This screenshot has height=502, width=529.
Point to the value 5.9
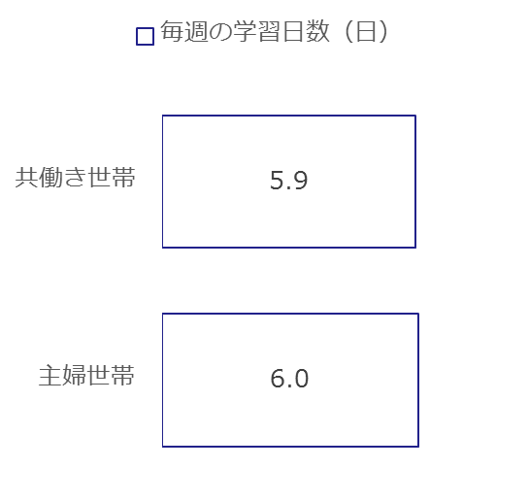289,181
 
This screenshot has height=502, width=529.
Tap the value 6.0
289,379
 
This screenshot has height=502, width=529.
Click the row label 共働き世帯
76,178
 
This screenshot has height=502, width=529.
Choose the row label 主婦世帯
86,375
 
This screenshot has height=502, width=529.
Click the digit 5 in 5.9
277,181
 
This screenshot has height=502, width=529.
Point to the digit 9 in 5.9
300,181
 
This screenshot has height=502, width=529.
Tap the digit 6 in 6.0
278,379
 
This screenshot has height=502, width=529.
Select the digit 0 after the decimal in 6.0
301,379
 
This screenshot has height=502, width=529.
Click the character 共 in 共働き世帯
27,178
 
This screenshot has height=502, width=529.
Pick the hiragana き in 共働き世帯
75,178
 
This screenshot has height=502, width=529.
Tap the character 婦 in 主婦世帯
75,375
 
